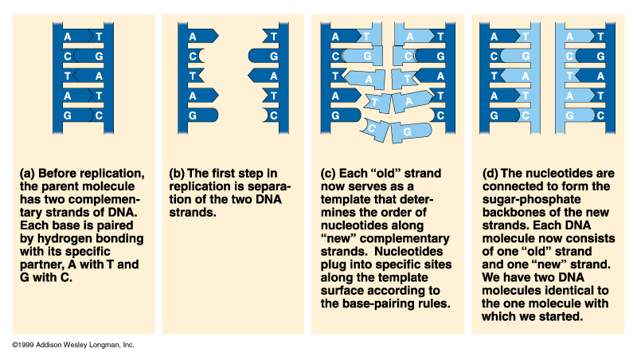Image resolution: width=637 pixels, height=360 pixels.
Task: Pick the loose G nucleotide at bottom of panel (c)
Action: pyautogui.click(x=406, y=129)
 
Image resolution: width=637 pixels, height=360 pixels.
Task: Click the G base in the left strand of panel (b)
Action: pyautogui.click(x=193, y=115)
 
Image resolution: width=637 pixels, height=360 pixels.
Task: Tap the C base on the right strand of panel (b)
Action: pyautogui.click(x=273, y=115)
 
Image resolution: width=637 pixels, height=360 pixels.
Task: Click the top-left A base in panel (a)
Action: pyautogui.click(x=69, y=36)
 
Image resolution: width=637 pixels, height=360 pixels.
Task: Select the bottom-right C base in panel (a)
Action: pyautogui.click(x=99, y=115)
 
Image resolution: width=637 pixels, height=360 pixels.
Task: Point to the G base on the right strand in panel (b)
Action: pyautogui.click(x=273, y=56)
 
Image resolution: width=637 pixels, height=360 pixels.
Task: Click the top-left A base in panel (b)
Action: pyautogui.click(x=193, y=36)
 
